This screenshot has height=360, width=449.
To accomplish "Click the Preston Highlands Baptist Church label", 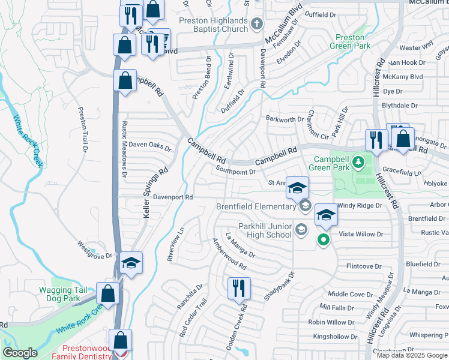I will pyautogui.click(x=213, y=25).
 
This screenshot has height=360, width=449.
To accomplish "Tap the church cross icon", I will pyautogui.click(x=257, y=25).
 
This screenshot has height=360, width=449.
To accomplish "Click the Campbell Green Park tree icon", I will pyautogui.click(x=358, y=161).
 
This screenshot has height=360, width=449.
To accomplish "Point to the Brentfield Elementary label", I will pyautogui.click(x=257, y=207).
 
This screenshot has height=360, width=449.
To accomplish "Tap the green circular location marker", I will pyautogui.click(x=324, y=241).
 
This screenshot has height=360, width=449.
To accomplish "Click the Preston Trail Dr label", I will pyautogui.click(x=83, y=129).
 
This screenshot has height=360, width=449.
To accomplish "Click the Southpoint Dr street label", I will pyautogui.click(x=235, y=172).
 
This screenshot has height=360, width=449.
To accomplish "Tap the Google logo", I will pyautogui.click(x=20, y=353).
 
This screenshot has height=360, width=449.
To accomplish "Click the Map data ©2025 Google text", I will pyautogui.click(x=412, y=355).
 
